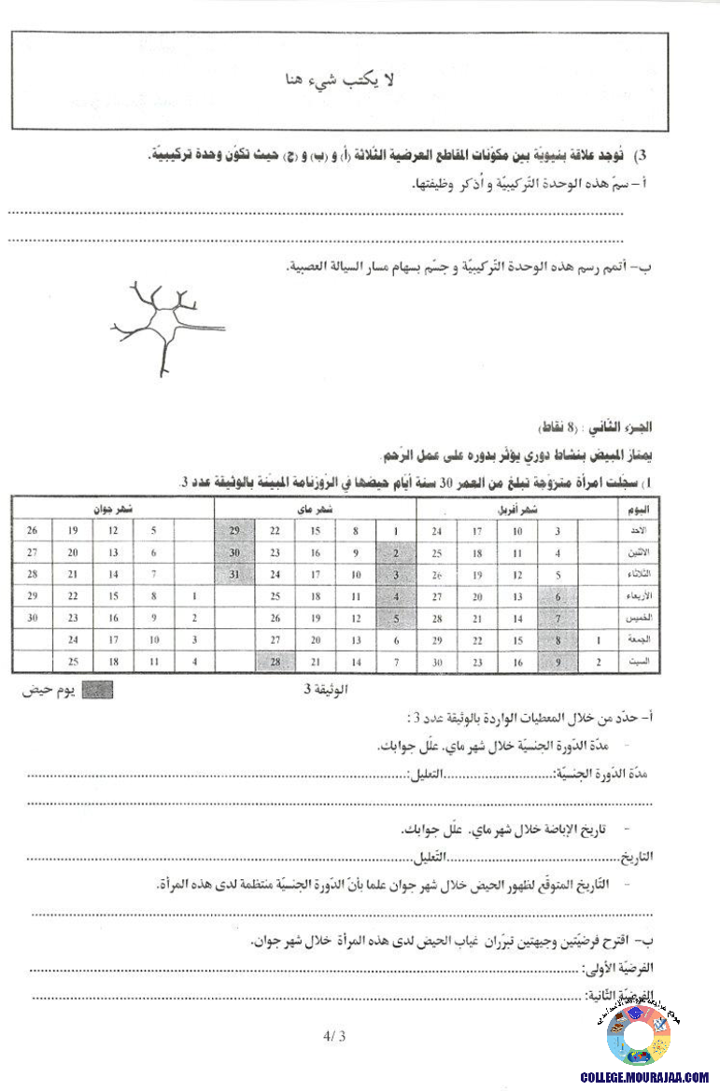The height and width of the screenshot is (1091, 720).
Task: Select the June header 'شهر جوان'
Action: (113, 509)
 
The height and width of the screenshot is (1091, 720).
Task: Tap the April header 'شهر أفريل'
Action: (515, 510)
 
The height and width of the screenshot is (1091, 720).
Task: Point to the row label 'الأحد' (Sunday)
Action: (646, 531)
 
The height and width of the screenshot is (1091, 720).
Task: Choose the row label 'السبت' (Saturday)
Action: (646, 662)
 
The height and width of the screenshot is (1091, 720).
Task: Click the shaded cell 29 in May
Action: (234, 531)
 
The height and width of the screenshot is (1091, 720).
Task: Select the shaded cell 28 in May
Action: (275, 662)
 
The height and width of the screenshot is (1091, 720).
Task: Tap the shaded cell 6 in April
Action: (558, 596)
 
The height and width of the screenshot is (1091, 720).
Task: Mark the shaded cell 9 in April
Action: (558, 662)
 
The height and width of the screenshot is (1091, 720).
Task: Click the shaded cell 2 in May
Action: (396, 552)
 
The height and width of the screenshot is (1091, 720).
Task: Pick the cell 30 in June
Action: (33, 618)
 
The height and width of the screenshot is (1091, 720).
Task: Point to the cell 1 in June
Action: (193, 596)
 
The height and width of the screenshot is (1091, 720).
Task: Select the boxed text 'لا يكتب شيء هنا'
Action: (339, 81)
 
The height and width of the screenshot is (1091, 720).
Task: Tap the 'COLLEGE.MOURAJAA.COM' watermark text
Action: (644, 1077)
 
